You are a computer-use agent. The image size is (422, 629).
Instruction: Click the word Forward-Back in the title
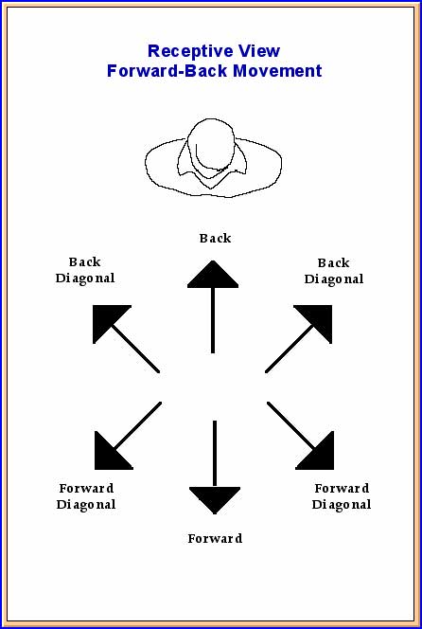[167, 71]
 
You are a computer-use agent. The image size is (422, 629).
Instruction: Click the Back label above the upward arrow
[215, 239]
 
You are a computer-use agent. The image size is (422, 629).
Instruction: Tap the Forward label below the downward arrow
[215, 538]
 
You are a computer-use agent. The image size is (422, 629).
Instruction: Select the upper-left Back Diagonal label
[85, 270]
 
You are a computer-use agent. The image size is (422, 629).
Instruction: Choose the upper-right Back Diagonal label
[333, 271]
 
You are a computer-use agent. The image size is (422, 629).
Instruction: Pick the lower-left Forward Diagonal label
[86, 496]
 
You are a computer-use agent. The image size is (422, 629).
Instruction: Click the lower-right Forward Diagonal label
[342, 496]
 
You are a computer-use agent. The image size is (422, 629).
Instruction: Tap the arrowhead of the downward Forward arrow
[215, 497]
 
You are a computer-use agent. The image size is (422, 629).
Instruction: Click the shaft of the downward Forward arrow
[215, 454]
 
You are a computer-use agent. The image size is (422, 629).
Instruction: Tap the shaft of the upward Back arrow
[213, 320]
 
